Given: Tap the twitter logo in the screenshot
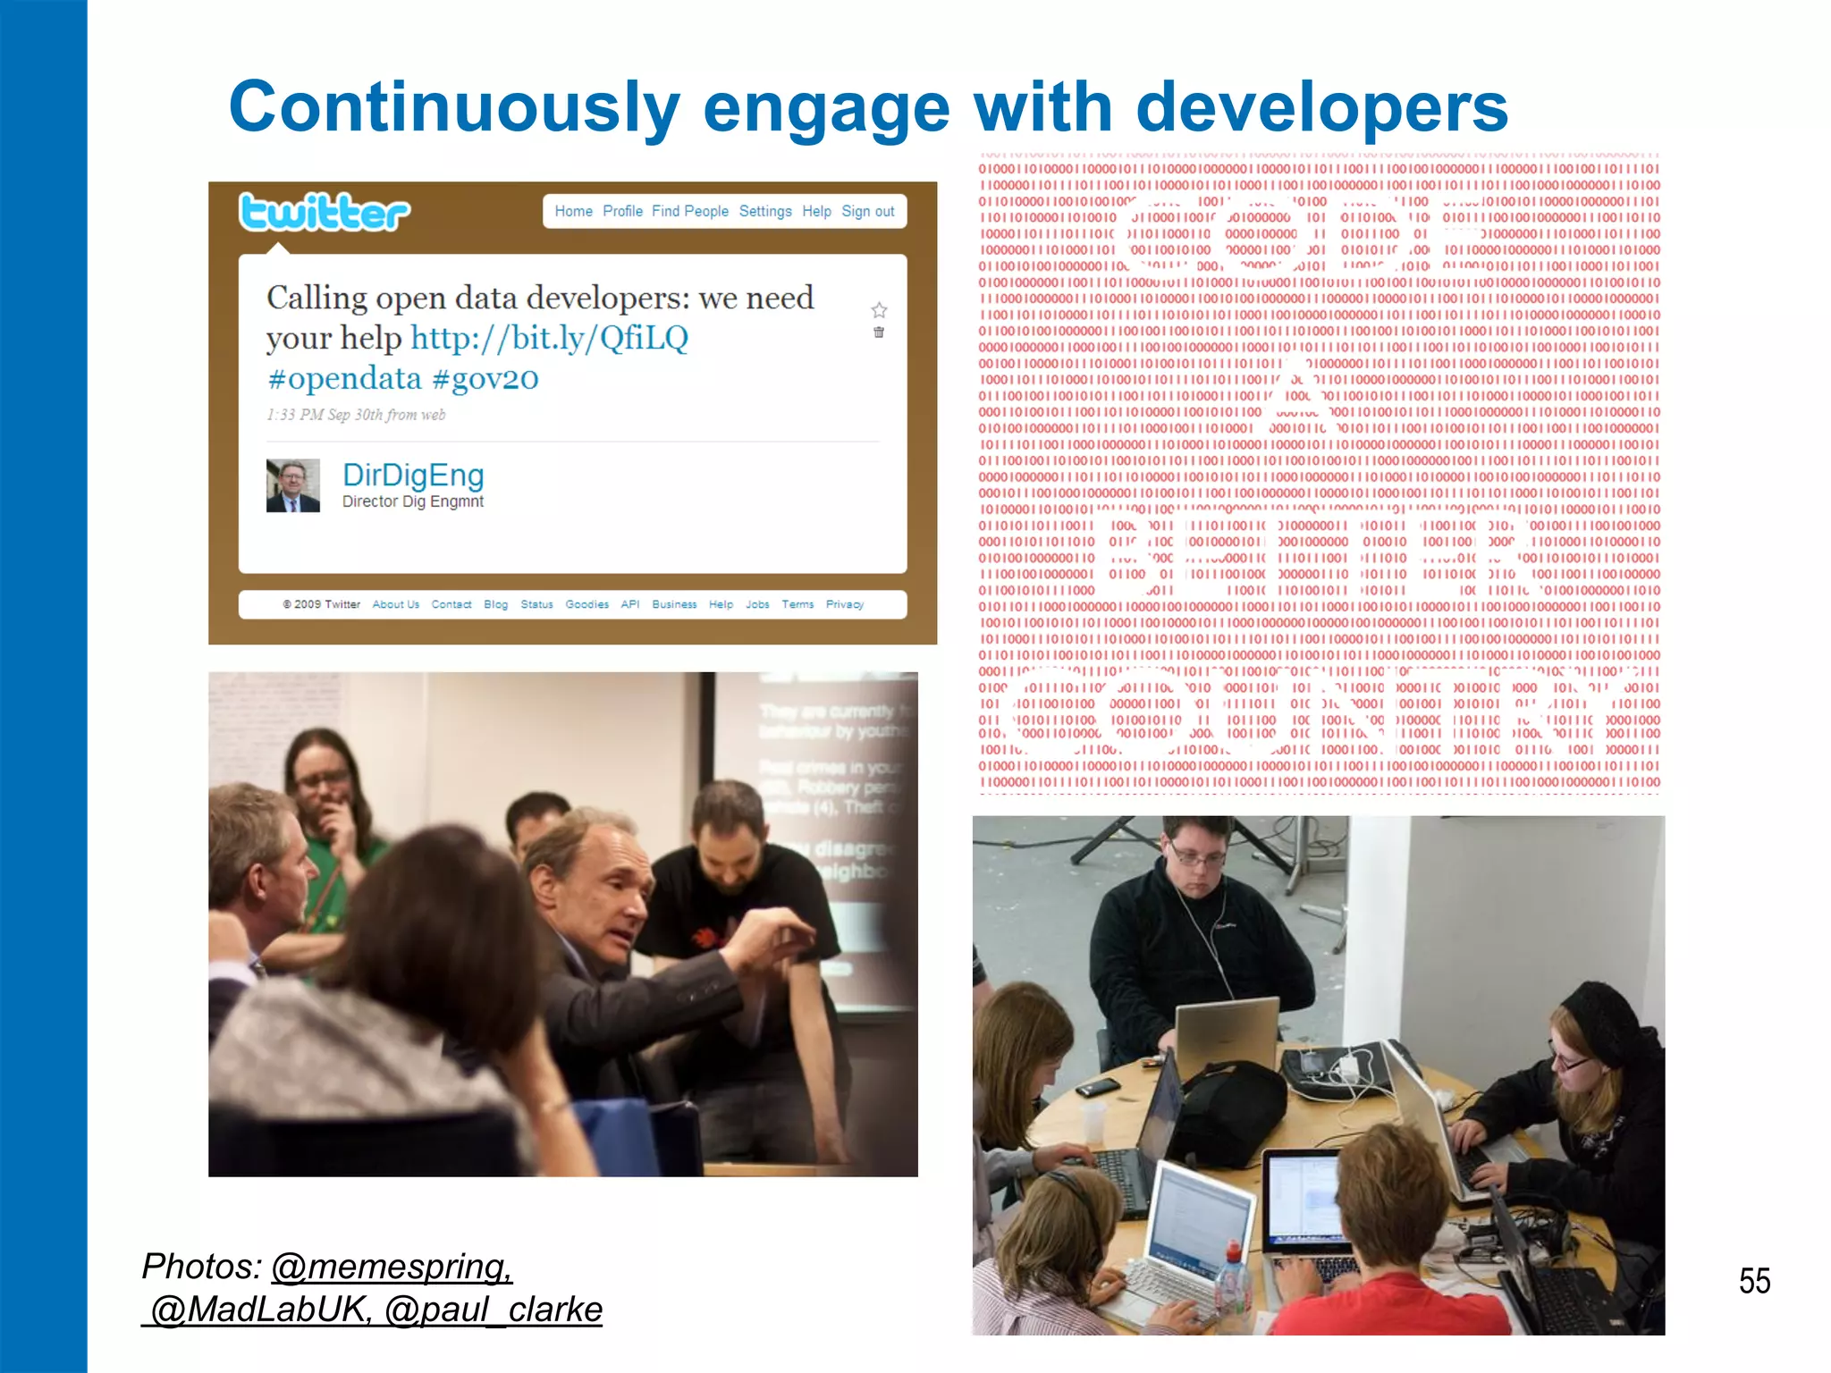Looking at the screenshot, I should pyautogui.click(x=324, y=213).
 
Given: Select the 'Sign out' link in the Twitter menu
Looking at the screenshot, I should pyautogui.click(x=867, y=212).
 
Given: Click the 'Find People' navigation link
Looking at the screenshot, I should pyautogui.click(x=689, y=212).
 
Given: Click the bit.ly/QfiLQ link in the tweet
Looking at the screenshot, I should pyautogui.click(x=549, y=339).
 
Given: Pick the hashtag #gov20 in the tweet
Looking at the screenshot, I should pyautogui.click(x=485, y=379).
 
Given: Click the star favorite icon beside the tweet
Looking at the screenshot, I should pyautogui.click(x=879, y=310).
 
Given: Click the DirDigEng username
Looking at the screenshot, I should pyautogui.click(x=413, y=475).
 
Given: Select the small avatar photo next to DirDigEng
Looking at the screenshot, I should pyautogui.click(x=292, y=485).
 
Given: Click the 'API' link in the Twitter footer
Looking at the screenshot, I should pyautogui.click(x=629, y=605).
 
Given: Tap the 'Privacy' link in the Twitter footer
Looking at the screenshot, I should pyautogui.click(x=844, y=605).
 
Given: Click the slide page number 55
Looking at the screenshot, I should pyautogui.click(x=1754, y=1281).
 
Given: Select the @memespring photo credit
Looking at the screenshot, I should pyautogui.click(x=392, y=1267).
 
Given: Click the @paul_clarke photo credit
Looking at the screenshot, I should pyautogui.click(x=493, y=1310).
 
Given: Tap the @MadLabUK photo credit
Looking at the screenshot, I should pyautogui.click(x=259, y=1310).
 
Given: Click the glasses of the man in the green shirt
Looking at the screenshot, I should pyautogui.click(x=323, y=779).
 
